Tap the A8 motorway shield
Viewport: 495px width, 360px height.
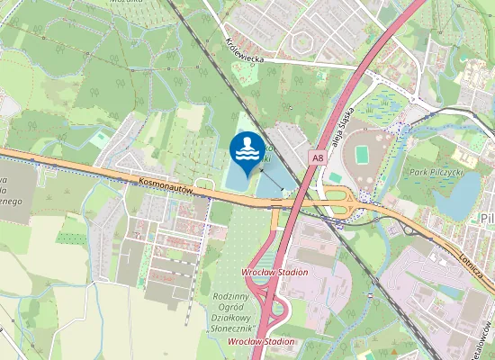[x=317, y=157]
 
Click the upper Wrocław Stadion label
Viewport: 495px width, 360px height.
[x=274, y=272]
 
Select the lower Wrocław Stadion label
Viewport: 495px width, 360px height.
[x=262, y=342]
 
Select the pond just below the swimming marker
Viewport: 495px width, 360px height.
[x=237, y=181]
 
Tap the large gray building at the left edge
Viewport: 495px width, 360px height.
[x=18, y=193]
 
